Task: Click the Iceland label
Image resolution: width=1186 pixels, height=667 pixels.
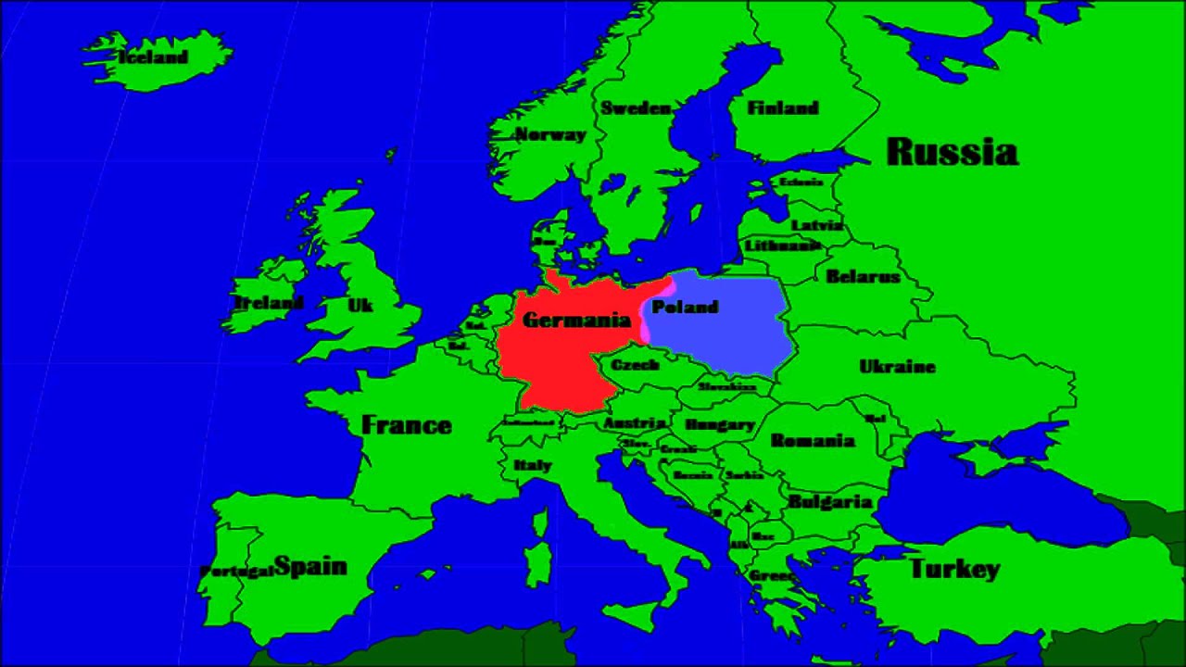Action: pos(153,57)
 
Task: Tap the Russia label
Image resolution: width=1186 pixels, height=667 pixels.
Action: pos(952,152)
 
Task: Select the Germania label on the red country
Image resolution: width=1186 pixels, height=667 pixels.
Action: pos(576,321)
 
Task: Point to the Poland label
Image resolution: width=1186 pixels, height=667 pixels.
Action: pos(686,307)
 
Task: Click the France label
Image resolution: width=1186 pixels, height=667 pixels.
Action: pos(406,425)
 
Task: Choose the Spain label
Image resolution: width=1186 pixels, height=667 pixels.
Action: pos(310,567)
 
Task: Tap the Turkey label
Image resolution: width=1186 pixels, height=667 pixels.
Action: pos(954,569)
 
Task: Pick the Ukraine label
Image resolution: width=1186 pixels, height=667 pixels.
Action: pos(897,367)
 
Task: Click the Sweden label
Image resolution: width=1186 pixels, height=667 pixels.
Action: pos(636,108)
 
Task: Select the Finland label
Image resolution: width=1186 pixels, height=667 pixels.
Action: pos(783,108)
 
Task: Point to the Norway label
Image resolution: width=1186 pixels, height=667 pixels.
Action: pos(550,134)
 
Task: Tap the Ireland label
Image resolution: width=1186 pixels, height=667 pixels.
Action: pos(268,303)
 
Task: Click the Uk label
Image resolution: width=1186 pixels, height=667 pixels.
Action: pos(360,305)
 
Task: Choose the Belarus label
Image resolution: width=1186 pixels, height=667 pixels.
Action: pos(863,276)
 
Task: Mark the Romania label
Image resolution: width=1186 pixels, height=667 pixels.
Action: pos(812,441)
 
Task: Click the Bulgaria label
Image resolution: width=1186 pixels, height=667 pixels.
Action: pos(830,502)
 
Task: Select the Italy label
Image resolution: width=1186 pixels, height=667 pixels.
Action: pos(533,465)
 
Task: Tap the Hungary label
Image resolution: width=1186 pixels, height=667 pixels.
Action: pos(719,425)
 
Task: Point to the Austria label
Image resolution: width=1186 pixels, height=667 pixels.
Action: pos(635,422)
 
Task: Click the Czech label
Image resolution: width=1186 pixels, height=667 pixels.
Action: pos(636,365)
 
